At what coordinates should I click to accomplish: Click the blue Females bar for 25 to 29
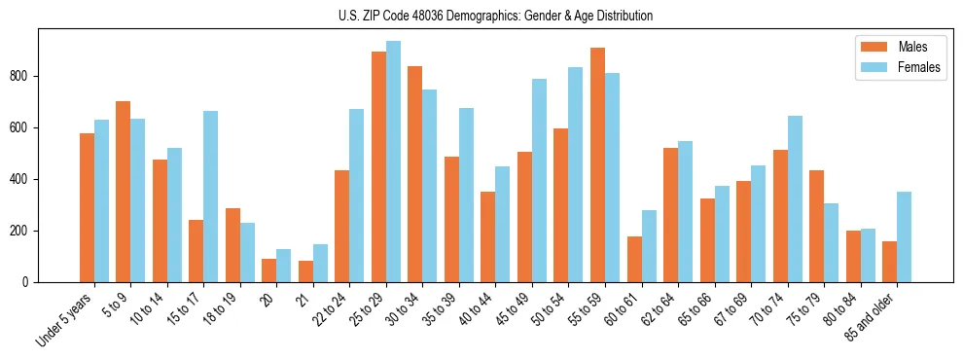click(393, 162)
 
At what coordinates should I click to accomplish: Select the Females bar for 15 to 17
click(210, 197)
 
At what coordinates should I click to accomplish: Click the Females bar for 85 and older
click(904, 236)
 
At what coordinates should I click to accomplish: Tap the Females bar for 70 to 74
click(795, 198)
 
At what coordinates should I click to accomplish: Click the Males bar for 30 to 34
click(414, 174)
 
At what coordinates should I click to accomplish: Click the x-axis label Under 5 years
click(66, 320)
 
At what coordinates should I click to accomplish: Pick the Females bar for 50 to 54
click(576, 174)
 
